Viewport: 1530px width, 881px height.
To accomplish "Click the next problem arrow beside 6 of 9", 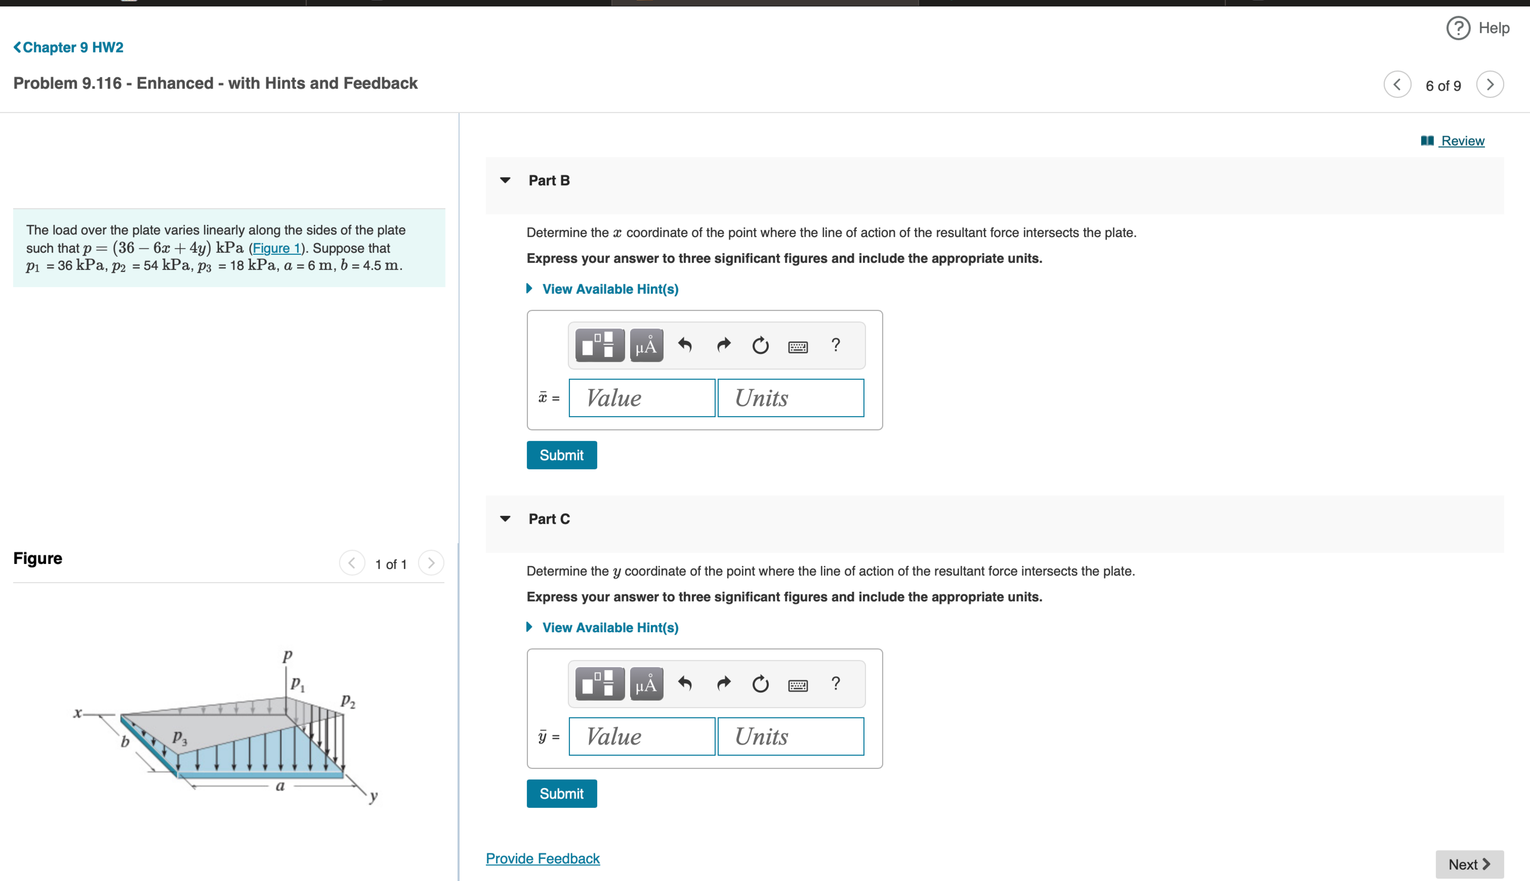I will pyautogui.click(x=1490, y=85).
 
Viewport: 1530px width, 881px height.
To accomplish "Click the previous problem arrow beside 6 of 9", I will pyautogui.click(x=1397, y=85).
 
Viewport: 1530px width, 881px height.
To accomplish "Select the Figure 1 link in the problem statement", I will pyautogui.click(x=277, y=248).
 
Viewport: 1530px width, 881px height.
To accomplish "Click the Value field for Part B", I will pyautogui.click(x=641, y=398).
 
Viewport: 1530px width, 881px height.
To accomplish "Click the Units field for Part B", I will pyautogui.click(x=790, y=398).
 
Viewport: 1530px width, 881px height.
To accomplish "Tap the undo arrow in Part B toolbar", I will pyautogui.click(x=685, y=346).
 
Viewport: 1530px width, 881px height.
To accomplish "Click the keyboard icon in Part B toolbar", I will pyautogui.click(x=797, y=347).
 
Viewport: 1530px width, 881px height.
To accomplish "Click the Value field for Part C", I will pyautogui.click(x=641, y=736).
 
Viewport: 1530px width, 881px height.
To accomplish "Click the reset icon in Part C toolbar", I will pyautogui.click(x=760, y=684).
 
